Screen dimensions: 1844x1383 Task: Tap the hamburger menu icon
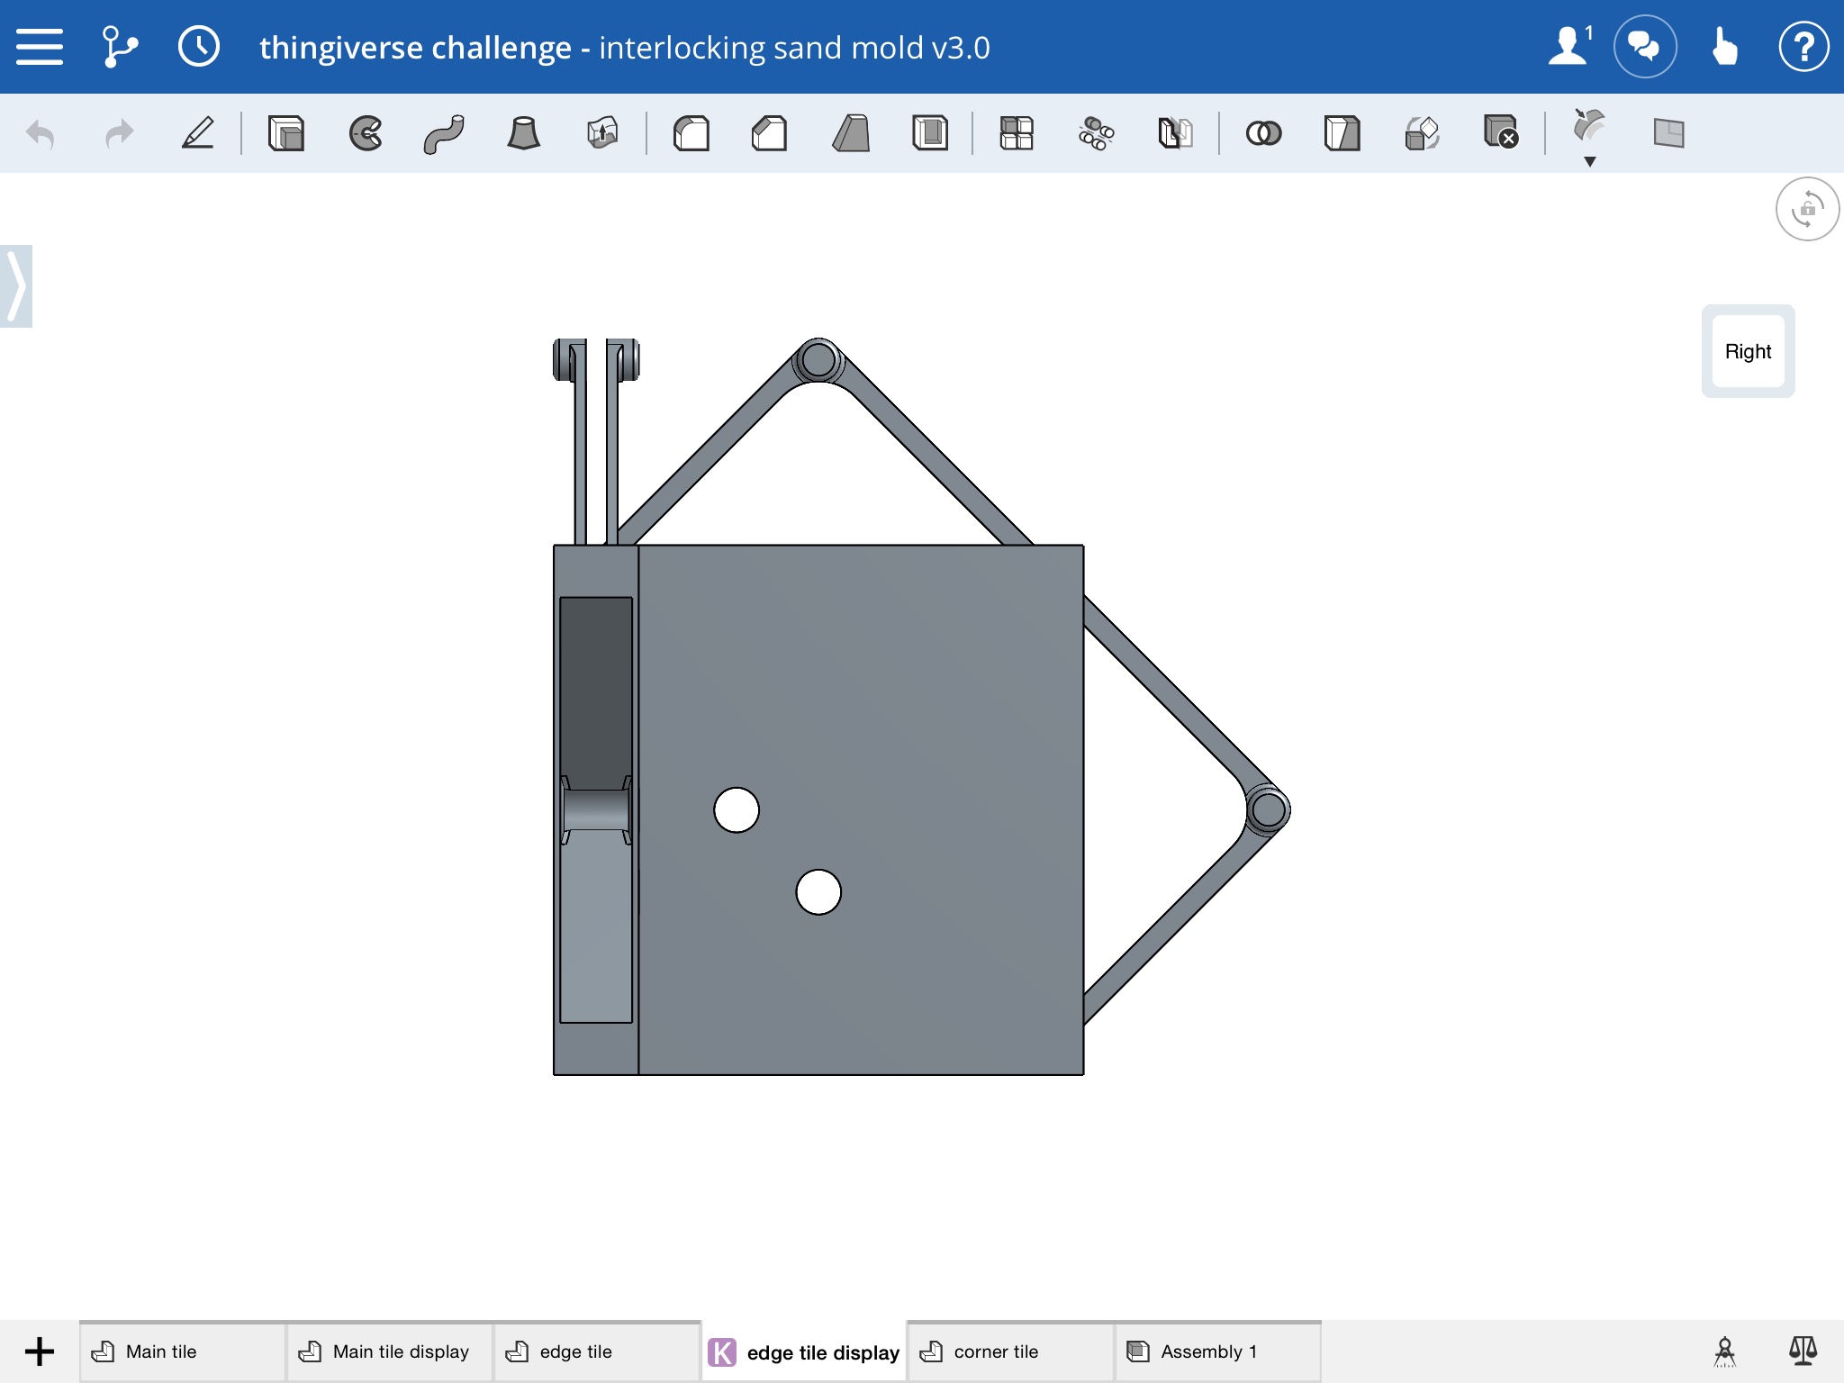(40, 47)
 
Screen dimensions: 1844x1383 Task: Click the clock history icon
(199, 47)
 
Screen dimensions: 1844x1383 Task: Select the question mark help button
(1803, 47)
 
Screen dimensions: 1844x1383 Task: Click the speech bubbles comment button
(1645, 47)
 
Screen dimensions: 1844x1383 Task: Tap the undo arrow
(41, 134)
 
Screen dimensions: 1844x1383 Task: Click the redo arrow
(119, 134)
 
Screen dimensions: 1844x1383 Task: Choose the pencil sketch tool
(198, 133)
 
